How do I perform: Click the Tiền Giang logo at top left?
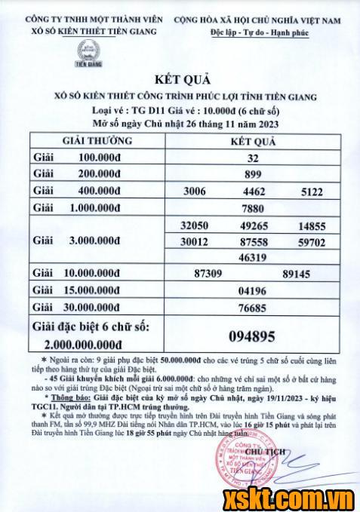coord(91,54)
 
